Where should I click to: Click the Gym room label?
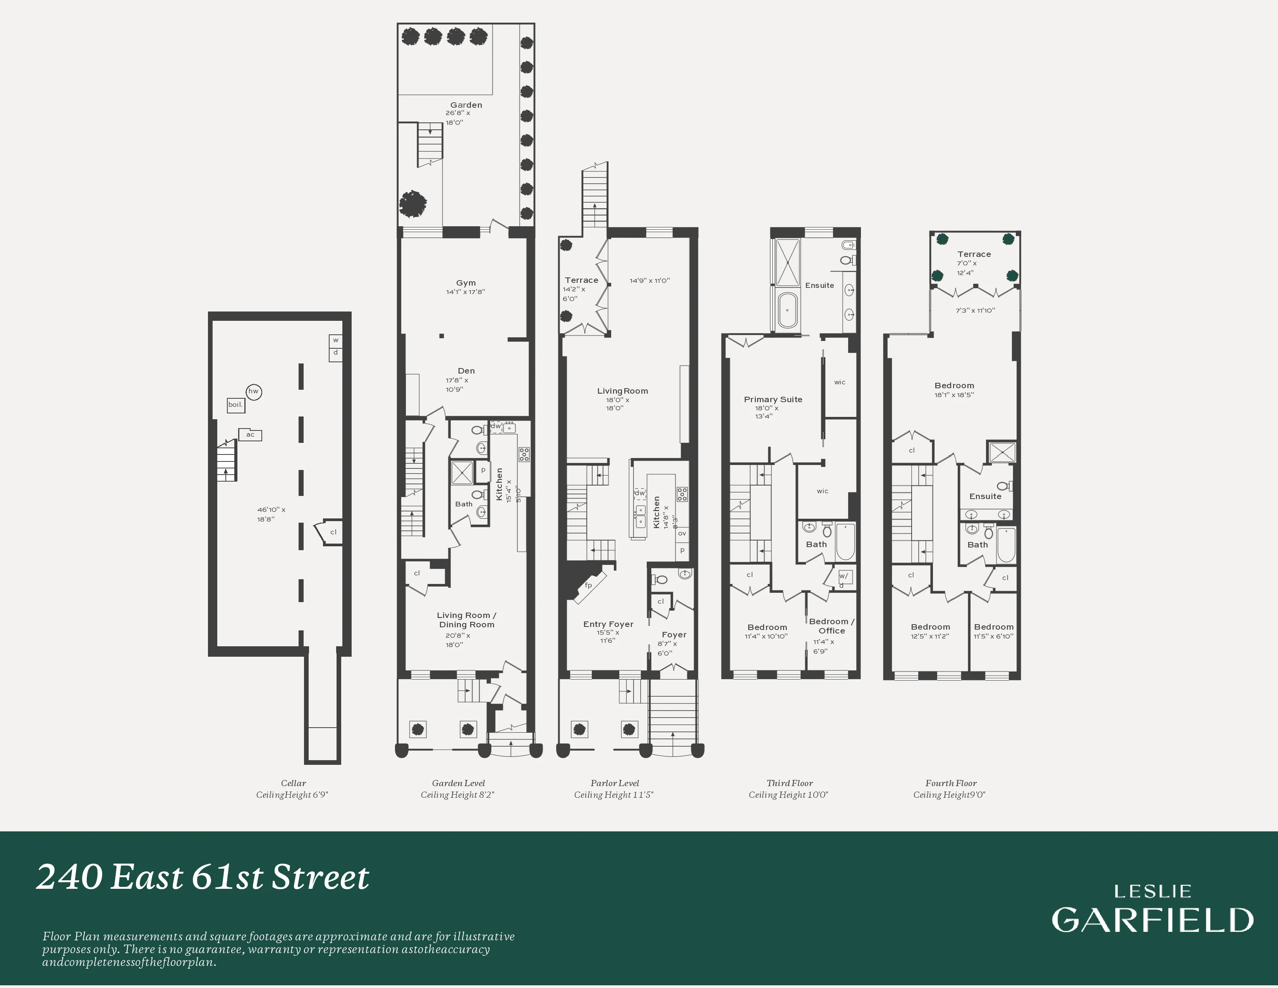[466, 283]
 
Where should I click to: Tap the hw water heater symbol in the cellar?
[253, 392]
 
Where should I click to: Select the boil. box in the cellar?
[235, 405]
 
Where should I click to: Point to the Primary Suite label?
[773, 399]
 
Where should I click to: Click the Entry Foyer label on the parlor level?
[608, 624]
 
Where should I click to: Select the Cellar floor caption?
[293, 783]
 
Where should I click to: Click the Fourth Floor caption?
[951, 783]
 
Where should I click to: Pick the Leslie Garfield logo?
[1152, 910]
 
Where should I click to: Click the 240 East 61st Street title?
[203, 877]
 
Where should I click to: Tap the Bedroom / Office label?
[831, 626]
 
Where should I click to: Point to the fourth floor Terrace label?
[974, 254]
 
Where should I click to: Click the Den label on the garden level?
[466, 370]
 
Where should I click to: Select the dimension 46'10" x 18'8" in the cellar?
[271, 514]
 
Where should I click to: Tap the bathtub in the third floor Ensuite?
[788, 310]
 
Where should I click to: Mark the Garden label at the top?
[466, 105]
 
